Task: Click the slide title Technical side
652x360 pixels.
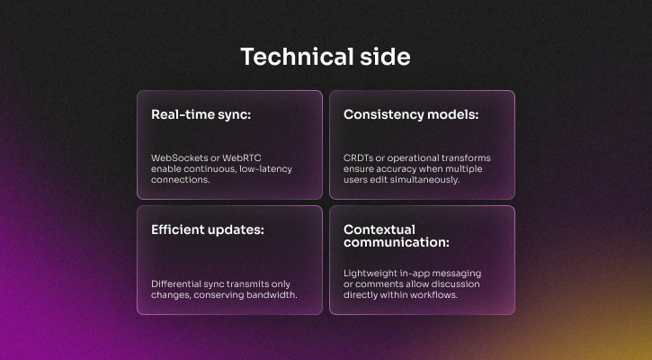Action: (x=326, y=57)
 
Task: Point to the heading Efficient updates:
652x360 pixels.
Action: (x=208, y=230)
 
